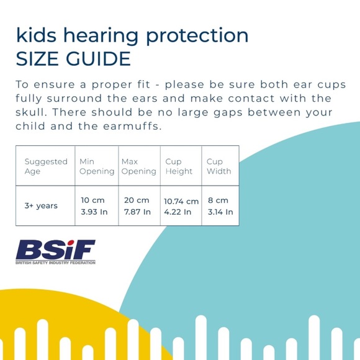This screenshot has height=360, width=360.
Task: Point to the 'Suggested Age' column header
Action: coord(45,166)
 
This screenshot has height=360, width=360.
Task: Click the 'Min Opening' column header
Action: coord(96,166)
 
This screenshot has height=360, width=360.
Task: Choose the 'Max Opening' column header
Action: coord(138,166)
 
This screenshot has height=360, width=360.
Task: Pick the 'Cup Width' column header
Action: coord(218,166)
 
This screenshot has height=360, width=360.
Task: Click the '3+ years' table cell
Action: coord(42,206)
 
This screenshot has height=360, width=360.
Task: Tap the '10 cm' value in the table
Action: coord(94,200)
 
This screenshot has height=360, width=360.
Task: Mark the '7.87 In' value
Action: coord(137,212)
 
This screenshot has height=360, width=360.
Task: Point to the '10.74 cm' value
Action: coord(181,201)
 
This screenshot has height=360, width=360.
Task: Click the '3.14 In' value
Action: coord(220,212)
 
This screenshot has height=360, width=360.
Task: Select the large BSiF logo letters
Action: coord(55,250)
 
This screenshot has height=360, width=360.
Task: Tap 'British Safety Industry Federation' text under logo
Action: coord(55,263)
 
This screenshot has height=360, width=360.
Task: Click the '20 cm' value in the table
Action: coord(137,200)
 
